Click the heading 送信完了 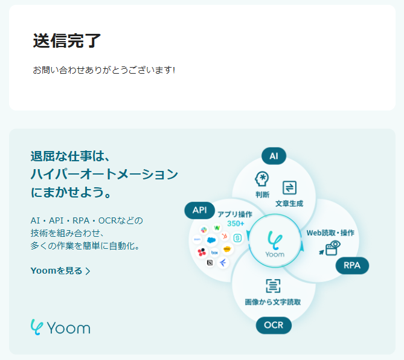67,40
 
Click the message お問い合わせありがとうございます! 104,70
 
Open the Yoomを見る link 60,271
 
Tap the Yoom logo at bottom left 60,327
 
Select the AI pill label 274,156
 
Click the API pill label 200,210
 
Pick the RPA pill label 352,265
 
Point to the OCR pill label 274,326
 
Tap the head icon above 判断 261,179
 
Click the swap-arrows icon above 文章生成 289,187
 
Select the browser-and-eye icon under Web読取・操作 333,247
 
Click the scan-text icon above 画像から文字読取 273,286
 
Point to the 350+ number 236,223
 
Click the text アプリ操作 235,214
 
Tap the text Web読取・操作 330,233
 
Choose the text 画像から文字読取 272,301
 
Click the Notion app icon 210,263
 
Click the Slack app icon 204,230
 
